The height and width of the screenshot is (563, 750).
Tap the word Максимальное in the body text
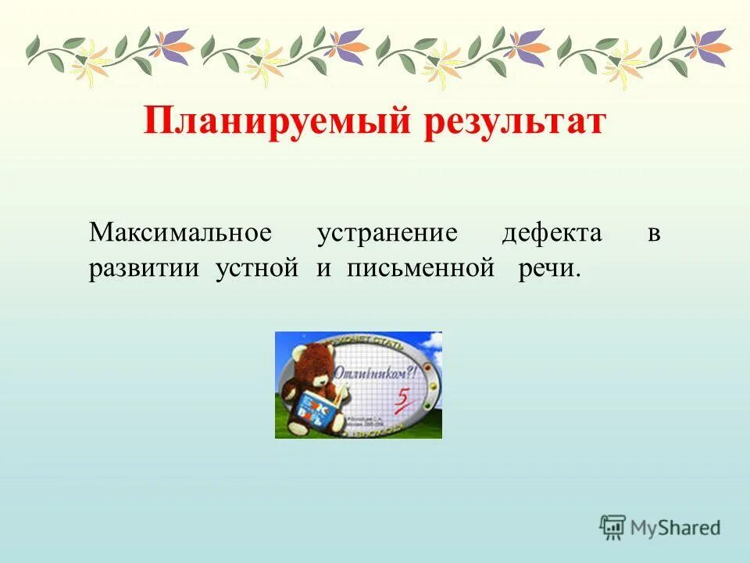point(180,233)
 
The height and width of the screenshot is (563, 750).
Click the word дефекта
point(552,233)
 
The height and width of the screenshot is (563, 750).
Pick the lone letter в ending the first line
point(654,234)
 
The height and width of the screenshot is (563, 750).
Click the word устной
point(258,269)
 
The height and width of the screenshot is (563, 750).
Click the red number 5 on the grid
point(403,398)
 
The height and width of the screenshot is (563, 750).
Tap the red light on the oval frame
point(427,368)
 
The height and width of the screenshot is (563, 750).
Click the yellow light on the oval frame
point(433,385)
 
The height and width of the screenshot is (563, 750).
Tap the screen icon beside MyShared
point(612,526)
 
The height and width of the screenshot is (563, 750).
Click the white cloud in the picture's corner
point(434,342)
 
